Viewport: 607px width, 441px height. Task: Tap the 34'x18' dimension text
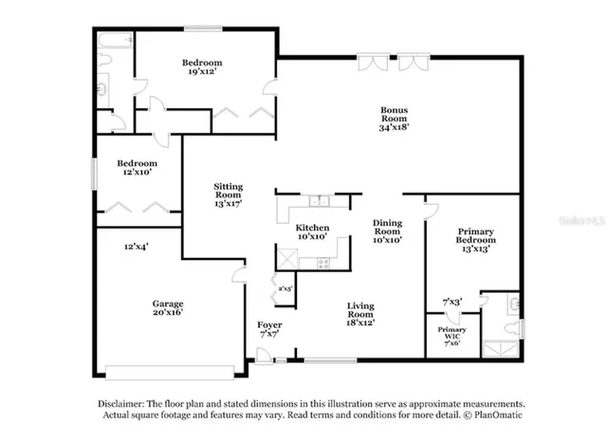pyautogui.click(x=394, y=127)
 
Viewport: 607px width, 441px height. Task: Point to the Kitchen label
pyautogui.click(x=312, y=228)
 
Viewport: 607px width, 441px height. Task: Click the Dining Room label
pyautogui.click(x=387, y=226)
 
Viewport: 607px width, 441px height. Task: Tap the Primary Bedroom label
pyautogui.click(x=476, y=236)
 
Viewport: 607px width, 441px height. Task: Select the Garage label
pyautogui.click(x=168, y=304)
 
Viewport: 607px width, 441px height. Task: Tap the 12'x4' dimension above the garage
pyautogui.click(x=135, y=247)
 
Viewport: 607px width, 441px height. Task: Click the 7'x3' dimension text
pyautogui.click(x=452, y=303)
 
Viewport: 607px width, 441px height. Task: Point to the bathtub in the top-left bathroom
pyautogui.click(x=114, y=39)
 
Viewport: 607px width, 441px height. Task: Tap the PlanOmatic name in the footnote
pyautogui.click(x=497, y=415)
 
